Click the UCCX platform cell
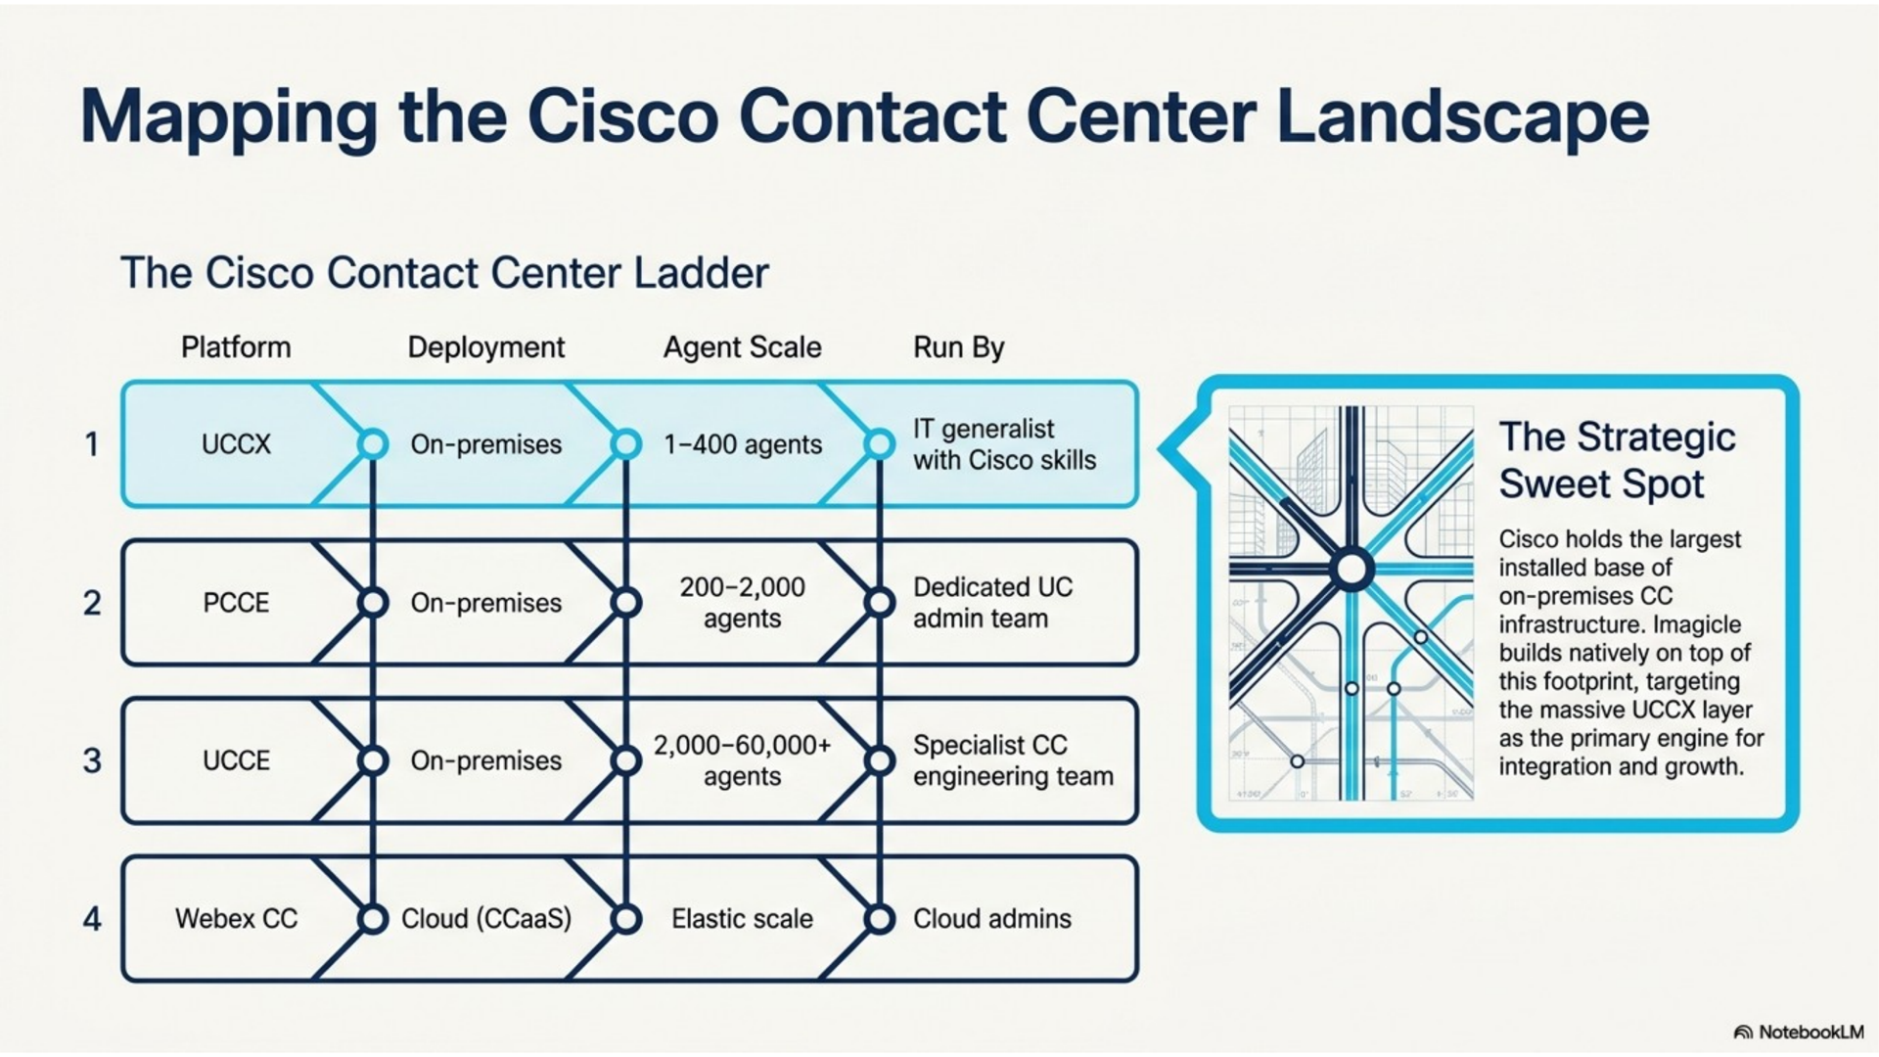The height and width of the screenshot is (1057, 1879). (236, 444)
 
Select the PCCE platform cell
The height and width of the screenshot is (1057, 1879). (236, 603)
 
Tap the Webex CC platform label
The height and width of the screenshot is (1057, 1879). (236, 919)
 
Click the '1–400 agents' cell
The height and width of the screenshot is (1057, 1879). (743, 444)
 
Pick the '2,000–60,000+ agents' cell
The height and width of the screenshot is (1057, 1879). (743, 760)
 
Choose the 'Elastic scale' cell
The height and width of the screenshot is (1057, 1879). (743, 919)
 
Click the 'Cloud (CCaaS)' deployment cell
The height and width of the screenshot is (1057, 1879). (486, 919)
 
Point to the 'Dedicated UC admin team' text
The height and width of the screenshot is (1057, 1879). (993, 603)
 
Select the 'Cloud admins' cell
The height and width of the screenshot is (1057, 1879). (992, 919)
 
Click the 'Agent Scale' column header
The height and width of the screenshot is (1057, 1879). (743, 347)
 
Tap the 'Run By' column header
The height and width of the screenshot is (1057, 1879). (959, 347)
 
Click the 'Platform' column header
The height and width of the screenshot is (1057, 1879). (236, 347)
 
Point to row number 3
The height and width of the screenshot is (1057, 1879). (92, 760)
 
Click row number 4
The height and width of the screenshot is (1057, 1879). (92, 919)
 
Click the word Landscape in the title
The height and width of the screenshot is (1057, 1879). (1463, 117)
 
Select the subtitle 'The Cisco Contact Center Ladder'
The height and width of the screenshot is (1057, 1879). (444, 273)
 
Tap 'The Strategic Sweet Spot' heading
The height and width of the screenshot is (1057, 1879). (1617, 460)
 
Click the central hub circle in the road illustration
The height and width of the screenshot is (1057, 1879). (1352, 569)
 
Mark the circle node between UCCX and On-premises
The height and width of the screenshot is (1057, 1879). (373, 444)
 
